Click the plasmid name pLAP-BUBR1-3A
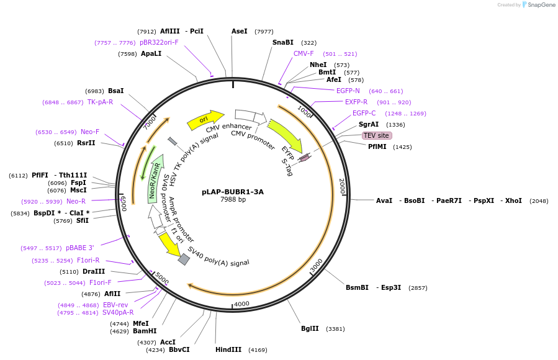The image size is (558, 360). [x=233, y=192]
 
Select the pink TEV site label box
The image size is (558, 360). [x=377, y=135]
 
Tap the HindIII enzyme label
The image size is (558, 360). [x=228, y=349]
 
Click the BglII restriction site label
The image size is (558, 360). [x=310, y=329]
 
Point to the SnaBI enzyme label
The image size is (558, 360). [x=283, y=42]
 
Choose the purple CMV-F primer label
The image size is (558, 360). [x=304, y=53]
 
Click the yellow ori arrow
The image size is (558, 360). [x=205, y=120]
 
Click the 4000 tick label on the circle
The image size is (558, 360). [x=241, y=304]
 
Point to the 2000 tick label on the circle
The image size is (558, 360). [x=341, y=186]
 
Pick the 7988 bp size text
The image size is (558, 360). [x=233, y=200]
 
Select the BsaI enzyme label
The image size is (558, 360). [x=115, y=91]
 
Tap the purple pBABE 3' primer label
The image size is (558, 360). [x=79, y=248]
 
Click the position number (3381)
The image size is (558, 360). [x=335, y=329]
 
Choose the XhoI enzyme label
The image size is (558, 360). [x=513, y=200]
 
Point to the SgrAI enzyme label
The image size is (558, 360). [x=369, y=124]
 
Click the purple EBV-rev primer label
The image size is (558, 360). [x=115, y=305]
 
